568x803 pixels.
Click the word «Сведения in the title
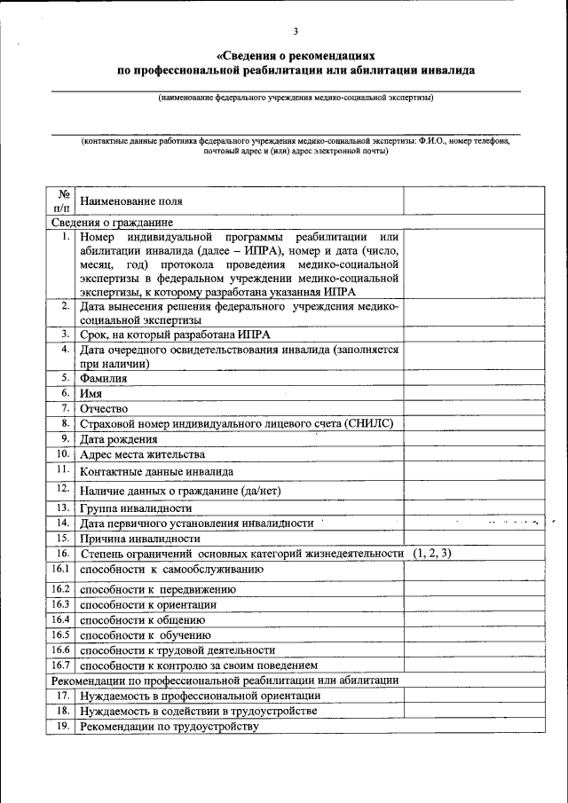(x=244, y=55)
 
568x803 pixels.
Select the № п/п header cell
(x=62, y=201)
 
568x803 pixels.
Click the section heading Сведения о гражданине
(x=111, y=223)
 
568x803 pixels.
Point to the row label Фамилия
(x=103, y=378)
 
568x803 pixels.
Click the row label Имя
(x=91, y=393)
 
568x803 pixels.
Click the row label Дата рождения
(x=119, y=438)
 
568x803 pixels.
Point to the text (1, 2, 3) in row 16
(x=431, y=553)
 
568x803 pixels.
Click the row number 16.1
(x=60, y=568)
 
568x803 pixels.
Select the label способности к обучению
(x=145, y=634)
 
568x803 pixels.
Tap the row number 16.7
(x=60, y=664)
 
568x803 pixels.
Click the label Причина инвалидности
(x=139, y=538)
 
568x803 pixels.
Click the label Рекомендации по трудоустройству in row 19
(x=169, y=726)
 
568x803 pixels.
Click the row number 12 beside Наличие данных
(x=63, y=488)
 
